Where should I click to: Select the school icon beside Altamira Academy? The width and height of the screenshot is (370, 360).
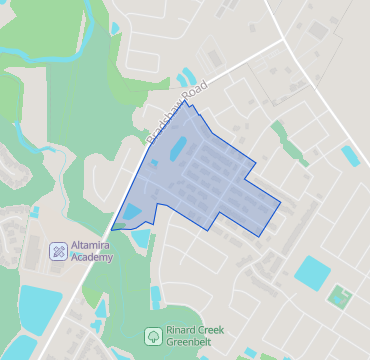click(x=59, y=250)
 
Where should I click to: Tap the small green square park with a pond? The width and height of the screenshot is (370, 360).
click(x=340, y=298)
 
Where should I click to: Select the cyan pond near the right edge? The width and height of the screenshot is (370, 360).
click(x=350, y=155)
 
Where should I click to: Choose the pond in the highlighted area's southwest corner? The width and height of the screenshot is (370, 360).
click(x=131, y=213)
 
